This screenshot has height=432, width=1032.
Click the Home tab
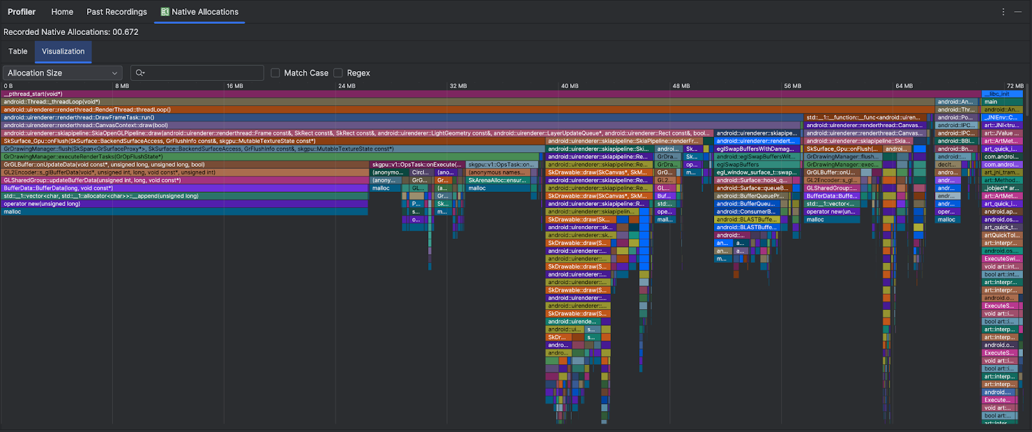(x=62, y=12)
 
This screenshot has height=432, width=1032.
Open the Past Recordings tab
(x=117, y=12)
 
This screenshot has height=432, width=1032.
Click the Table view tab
(x=18, y=52)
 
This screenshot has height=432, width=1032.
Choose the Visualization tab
(x=63, y=52)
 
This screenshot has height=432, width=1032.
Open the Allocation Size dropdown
(x=62, y=73)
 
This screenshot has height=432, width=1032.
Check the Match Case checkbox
(x=275, y=73)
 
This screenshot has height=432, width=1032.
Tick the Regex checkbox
(x=338, y=73)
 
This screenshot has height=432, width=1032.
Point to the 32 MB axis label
(x=458, y=86)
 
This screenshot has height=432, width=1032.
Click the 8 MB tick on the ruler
(x=122, y=86)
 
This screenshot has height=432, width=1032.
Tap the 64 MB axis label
(x=904, y=86)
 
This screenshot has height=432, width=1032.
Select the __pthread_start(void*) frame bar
(x=451, y=94)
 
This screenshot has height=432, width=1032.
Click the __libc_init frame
(x=1002, y=94)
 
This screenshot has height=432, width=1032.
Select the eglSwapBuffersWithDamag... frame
(x=756, y=149)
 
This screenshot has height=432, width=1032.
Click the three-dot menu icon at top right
(x=1003, y=12)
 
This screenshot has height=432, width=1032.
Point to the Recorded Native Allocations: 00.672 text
(x=71, y=32)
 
